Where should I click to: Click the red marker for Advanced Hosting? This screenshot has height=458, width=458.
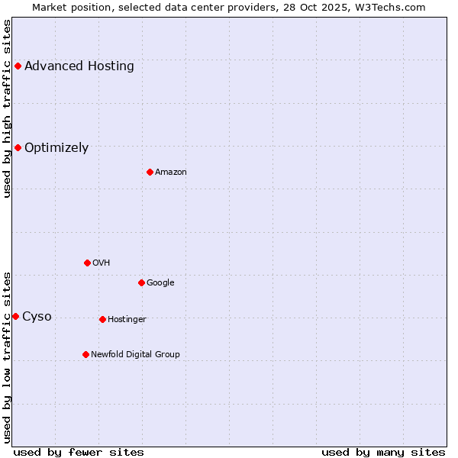18,66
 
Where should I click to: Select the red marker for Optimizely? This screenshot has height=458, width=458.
18,147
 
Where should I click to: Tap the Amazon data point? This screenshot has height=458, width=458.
150,172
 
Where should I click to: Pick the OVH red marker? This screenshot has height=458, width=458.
87,263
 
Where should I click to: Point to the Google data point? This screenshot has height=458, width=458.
141,282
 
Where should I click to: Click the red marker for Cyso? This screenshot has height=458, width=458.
15,316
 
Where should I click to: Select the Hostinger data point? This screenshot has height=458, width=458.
102,319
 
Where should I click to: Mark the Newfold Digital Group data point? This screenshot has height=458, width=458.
85,354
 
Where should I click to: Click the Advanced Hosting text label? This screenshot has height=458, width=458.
79,66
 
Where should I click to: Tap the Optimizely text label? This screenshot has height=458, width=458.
56,147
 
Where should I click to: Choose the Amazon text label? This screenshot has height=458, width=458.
171,172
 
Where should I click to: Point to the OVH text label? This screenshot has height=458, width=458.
102,263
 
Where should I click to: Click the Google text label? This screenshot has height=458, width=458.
160,282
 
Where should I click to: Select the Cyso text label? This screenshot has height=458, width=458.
37,316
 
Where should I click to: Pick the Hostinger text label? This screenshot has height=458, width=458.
127,319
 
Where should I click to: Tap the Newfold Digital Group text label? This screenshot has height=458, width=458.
135,354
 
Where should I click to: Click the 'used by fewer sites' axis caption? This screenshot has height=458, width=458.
79,452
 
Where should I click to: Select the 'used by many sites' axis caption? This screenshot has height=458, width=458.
383,452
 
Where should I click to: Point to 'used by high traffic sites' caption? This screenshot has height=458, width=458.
7,108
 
